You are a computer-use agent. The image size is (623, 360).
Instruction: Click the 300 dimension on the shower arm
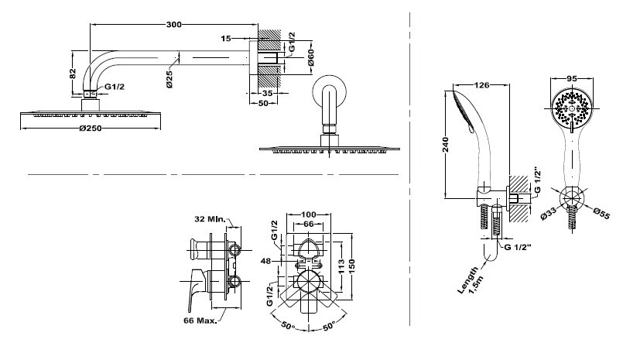174,25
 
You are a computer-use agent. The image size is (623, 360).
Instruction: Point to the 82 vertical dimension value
71,74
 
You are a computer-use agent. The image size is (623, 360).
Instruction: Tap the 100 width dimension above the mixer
310,214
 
